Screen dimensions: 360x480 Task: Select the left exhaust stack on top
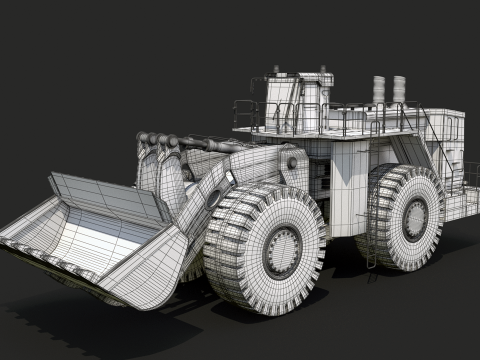point(380,89)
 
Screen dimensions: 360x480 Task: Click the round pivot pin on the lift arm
point(214,198)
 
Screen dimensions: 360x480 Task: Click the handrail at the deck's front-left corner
point(246,112)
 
